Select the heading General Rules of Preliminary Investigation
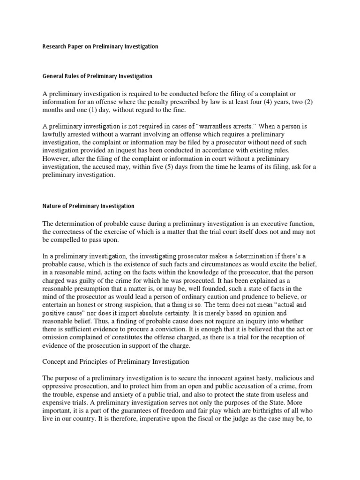tap(97, 76)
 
